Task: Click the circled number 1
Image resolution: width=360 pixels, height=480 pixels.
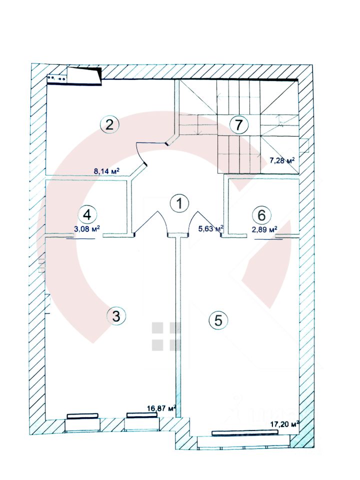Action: (x=178, y=203)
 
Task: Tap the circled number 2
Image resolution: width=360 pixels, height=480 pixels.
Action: (x=109, y=124)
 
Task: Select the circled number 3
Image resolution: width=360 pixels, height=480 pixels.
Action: (x=116, y=316)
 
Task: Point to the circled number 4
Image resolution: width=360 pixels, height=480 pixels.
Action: (x=87, y=215)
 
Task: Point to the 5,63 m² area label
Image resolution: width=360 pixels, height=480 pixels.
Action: (x=211, y=228)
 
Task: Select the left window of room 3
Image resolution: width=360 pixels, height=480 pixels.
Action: (x=82, y=415)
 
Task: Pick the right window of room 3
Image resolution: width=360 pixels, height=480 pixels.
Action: (x=142, y=415)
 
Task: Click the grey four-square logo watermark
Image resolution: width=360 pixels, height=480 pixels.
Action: (x=165, y=336)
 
